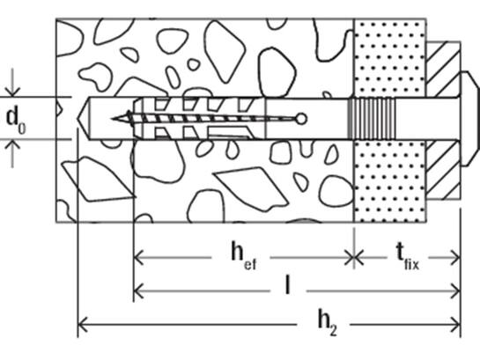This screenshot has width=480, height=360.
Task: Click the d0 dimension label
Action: coord(16,121)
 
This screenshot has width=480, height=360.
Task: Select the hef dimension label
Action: coord(244,256)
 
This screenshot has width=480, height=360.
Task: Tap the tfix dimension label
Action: coord(407,256)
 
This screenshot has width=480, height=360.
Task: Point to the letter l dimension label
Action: coord(287,284)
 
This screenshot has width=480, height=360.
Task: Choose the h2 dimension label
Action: coord(328,323)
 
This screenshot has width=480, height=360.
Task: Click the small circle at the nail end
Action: coord(301,120)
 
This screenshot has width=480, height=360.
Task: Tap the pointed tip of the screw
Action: coord(113,119)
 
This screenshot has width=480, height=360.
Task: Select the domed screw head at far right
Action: coord(469,119)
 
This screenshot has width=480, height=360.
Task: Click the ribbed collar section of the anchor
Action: coord(372,119)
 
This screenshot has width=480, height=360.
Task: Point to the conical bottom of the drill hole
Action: coord(84,119)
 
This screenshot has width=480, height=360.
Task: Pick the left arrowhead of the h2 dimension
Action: coord(83,324)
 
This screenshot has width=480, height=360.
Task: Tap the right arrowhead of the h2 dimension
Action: coord(455,324)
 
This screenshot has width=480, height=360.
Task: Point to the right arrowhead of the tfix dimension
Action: coord(454,258)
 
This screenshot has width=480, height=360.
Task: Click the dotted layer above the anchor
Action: coord(389,58)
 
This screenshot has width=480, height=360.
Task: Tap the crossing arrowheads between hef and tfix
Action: coord(354,258)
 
